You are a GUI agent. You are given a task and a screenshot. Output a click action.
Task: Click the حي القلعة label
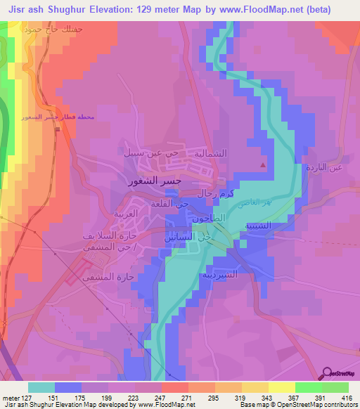[x=169, y=203]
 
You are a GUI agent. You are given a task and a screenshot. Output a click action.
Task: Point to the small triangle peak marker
[x=263, y=166]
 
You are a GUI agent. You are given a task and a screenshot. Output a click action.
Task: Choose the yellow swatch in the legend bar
[x=281, y=387]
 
